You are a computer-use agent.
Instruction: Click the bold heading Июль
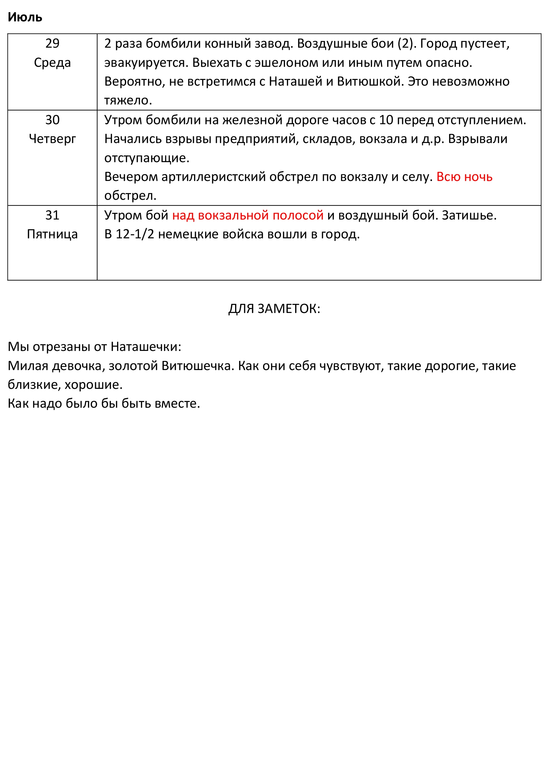25,17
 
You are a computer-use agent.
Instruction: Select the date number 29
52,44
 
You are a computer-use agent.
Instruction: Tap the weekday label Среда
52,63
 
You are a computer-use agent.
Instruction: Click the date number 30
52,120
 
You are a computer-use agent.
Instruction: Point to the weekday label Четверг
52,139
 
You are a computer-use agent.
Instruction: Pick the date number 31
52,215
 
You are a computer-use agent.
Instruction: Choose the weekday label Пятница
52,234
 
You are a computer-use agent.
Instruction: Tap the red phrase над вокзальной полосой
248,215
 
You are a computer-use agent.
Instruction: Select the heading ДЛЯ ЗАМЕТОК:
274,309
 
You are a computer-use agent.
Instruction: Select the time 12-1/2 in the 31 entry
135,234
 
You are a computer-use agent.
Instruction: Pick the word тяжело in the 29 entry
127,101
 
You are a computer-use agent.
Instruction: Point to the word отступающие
146,158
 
